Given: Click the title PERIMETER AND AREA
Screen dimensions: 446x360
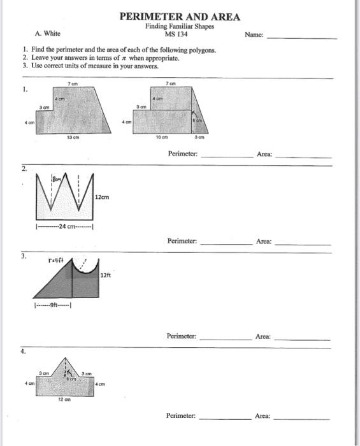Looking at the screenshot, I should click(180, 17).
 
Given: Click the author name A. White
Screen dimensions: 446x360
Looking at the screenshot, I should click(48, 34).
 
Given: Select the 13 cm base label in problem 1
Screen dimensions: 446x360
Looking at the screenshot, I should click(75, 136).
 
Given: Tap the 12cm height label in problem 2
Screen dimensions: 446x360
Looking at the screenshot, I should click(101, 198).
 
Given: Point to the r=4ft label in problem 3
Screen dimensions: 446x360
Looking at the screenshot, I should click(57, 261).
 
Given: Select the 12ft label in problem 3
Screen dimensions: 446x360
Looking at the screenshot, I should click(106, 275).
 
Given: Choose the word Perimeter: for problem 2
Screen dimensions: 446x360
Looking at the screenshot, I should click(182, 241).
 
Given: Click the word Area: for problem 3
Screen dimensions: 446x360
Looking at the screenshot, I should click(263, 336).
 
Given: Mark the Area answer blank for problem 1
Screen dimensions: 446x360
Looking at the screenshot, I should click(303, 156).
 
